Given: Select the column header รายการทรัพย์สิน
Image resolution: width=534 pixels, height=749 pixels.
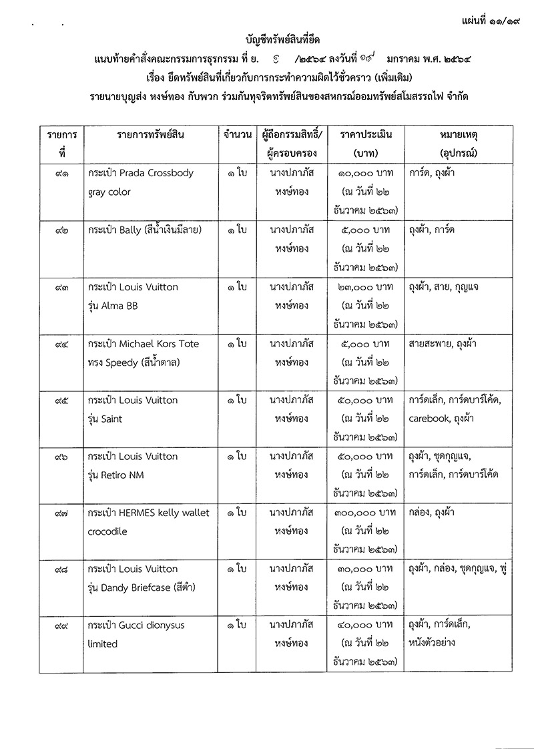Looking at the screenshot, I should (150, 134).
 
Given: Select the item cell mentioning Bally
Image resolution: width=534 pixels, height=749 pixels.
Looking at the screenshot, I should (144, 230).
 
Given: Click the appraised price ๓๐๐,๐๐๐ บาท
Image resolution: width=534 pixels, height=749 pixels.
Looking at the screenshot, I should (365, 513).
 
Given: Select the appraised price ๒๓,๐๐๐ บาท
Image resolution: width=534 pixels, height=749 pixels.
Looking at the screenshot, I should (365, 287).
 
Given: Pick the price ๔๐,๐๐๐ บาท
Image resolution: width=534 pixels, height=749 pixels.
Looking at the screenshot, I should (365, 626).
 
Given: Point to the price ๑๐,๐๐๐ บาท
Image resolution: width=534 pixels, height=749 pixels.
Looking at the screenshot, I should (365, 173).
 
